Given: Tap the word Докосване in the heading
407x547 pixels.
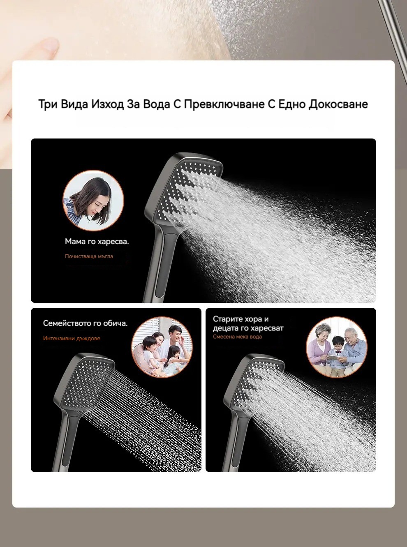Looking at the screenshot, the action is [x=338, y=104].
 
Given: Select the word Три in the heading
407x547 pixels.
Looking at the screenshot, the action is [x=48, y=104].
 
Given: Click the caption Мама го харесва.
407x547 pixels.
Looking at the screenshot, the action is [x=97, y=241].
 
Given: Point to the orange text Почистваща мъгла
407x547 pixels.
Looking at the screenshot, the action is [x=89, y=256].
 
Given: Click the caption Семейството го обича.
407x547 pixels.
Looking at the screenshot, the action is [x=85, y=323].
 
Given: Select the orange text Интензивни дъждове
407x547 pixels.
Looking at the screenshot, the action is [x=72, y=338].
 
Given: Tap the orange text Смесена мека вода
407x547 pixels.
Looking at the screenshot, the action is [x=237, y=337].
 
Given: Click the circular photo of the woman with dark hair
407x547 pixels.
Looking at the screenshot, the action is [x=93, y=201].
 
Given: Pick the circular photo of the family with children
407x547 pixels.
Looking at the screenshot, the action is [x=162, y=347].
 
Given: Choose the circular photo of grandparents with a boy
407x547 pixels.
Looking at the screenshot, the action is [x=337, y=347].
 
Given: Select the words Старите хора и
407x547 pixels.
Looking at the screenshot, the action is [x=240, y=319].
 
